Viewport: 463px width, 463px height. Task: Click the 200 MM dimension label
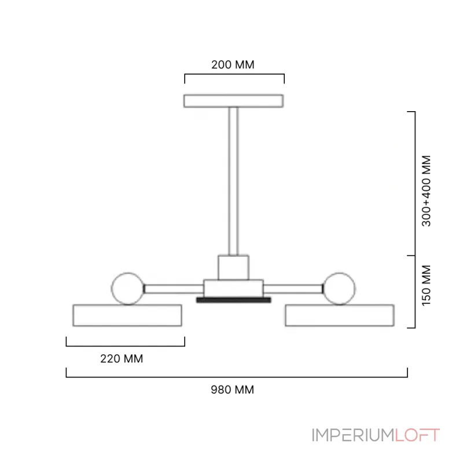233,65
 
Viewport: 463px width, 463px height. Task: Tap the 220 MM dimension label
122,359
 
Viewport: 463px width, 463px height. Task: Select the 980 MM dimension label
233,389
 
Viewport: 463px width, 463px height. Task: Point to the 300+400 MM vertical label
427,191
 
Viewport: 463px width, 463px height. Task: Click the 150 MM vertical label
427,285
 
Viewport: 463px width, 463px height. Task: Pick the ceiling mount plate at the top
234,101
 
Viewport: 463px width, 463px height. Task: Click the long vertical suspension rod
233,181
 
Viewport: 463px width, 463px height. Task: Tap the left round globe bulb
128,288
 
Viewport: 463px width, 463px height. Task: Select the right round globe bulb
339,288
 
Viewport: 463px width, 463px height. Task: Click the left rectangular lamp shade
127,315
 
